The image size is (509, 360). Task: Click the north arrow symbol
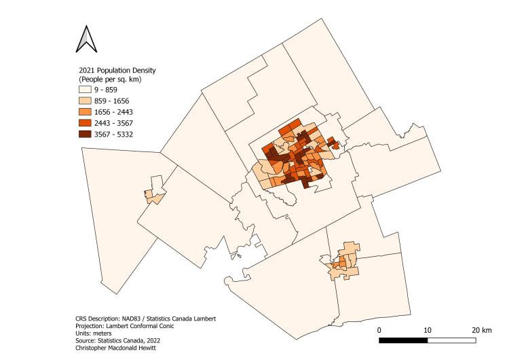coord(86,39)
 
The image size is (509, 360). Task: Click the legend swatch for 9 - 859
coord(86,90)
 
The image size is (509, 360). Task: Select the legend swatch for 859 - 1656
coord(86,101)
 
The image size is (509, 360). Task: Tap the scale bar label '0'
coord(379,330)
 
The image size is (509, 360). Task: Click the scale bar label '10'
coord(428,330)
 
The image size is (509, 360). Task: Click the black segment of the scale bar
coord(403,339)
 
